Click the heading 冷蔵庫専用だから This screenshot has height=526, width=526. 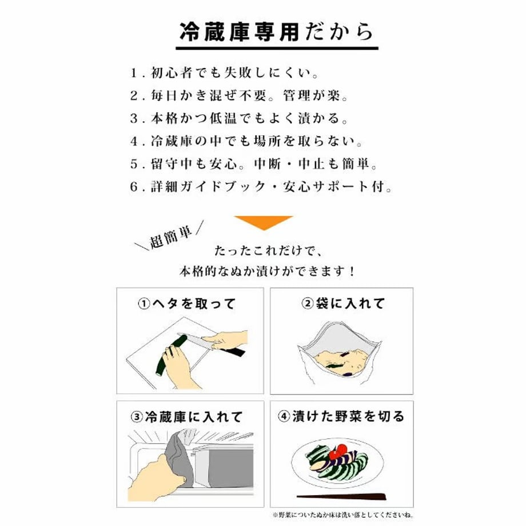(277, 32)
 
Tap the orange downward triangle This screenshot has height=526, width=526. (264, 222)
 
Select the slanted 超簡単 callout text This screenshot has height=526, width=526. (170, 237)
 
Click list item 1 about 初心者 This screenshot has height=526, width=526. (224, 73)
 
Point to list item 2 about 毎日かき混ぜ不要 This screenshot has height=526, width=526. (239, 95)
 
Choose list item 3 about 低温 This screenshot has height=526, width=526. (239, 118)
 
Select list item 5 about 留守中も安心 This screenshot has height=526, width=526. (254, 164)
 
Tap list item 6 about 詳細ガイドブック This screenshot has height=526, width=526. (261, 186)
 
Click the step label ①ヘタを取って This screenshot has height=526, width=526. (187, 304)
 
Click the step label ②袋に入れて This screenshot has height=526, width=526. (343, 304)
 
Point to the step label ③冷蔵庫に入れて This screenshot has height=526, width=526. (186, 417)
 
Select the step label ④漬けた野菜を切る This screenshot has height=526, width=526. (341, 416)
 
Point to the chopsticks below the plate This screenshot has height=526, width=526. (341, 496)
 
